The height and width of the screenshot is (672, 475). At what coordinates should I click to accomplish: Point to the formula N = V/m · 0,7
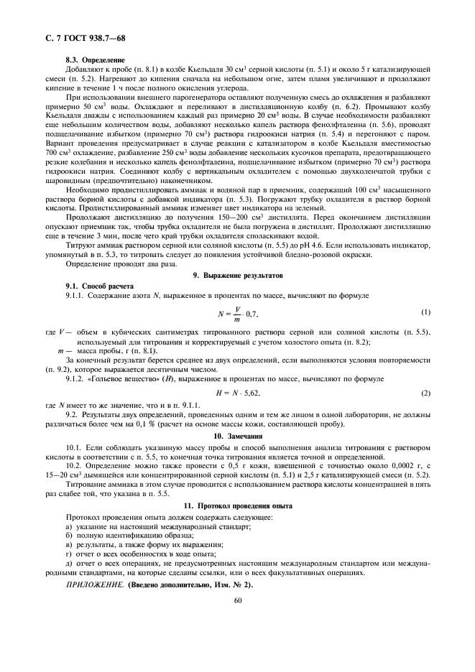(x=238, y=314)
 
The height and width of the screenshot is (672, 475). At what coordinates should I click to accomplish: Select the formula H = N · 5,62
(x=238, y=393)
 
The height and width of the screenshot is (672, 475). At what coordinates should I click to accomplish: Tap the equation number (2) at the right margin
(x=425, y=393)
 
